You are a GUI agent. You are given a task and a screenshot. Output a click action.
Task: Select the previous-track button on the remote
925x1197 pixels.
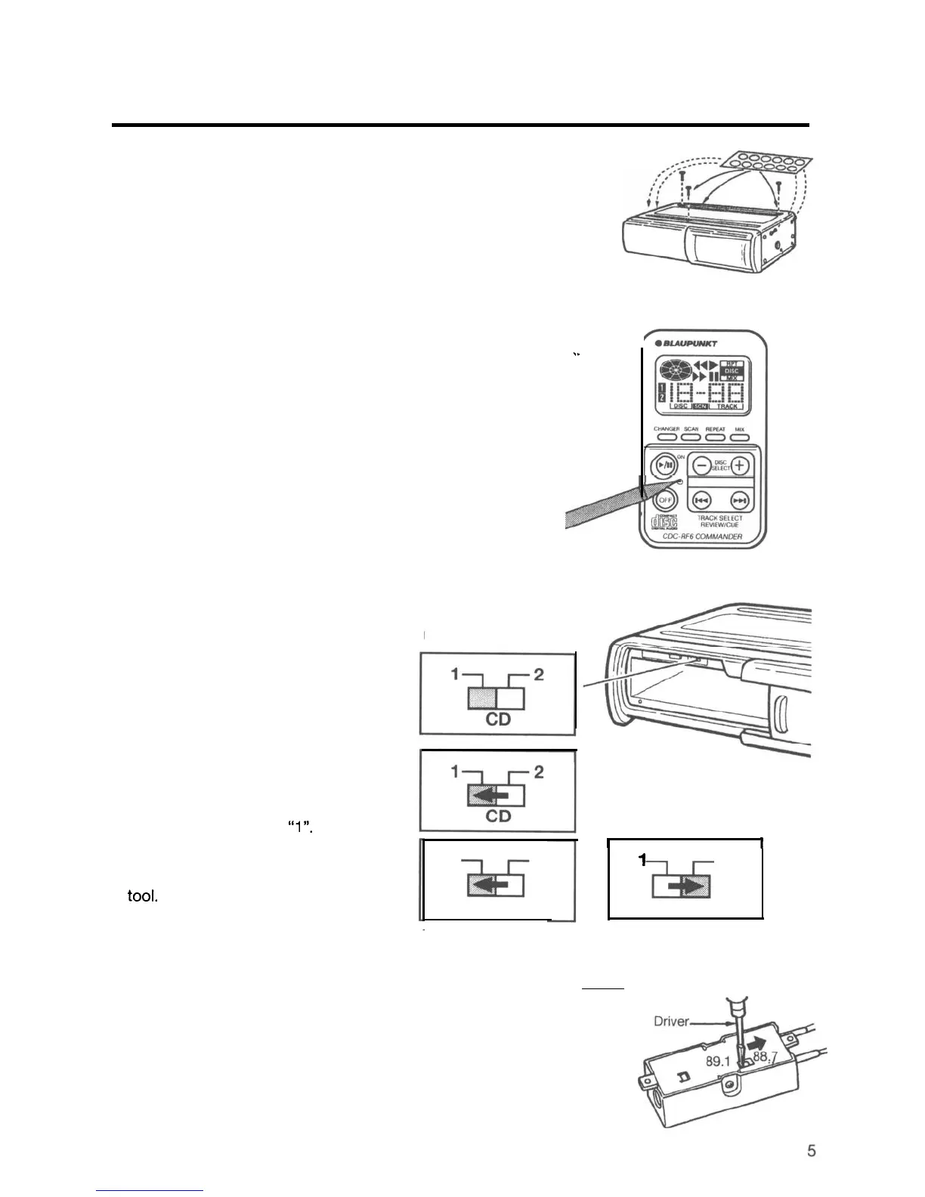click(x=701, y=500)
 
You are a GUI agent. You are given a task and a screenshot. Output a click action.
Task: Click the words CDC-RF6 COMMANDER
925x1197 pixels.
click(x=702, y=537)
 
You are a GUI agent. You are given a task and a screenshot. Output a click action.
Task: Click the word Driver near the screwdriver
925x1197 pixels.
click(x=673, y=1022)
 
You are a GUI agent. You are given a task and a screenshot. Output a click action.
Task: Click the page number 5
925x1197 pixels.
click(x=812, y=1151)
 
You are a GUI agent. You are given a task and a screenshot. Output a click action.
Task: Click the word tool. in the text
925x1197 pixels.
click(x=142, y=899)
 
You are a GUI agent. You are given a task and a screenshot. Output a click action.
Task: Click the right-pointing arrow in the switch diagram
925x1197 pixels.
click(x=688, y=886)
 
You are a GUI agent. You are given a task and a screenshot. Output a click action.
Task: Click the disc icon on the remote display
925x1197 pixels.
click(x=675, y=372)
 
